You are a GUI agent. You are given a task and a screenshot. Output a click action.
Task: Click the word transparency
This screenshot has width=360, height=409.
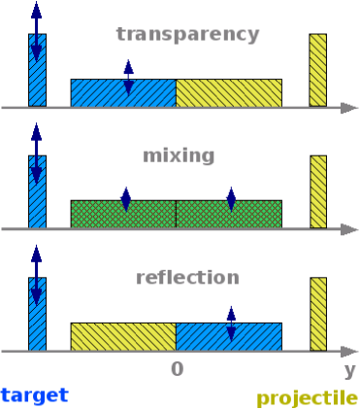187,35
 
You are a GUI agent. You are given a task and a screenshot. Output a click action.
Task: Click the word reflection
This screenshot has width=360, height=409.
187,277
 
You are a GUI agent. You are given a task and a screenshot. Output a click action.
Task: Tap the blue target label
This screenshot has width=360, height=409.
34,394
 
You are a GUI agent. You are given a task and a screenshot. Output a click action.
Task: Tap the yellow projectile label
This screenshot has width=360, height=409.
307,397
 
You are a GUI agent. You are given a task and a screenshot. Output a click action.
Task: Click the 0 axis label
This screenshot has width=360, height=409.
177,370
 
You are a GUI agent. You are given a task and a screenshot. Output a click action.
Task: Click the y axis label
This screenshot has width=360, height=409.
349,370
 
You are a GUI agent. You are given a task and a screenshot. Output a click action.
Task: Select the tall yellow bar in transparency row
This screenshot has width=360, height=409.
318,70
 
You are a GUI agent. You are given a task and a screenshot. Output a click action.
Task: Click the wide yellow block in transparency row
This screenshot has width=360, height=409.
229,93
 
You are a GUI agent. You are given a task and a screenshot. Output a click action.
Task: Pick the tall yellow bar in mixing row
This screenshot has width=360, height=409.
318,192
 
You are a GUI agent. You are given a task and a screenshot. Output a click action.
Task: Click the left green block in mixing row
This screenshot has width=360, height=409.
102,215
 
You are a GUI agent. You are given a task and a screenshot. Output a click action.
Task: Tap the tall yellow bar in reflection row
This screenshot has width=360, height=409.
318,314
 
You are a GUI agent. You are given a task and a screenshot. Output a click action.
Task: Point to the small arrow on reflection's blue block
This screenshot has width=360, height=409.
231,324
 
